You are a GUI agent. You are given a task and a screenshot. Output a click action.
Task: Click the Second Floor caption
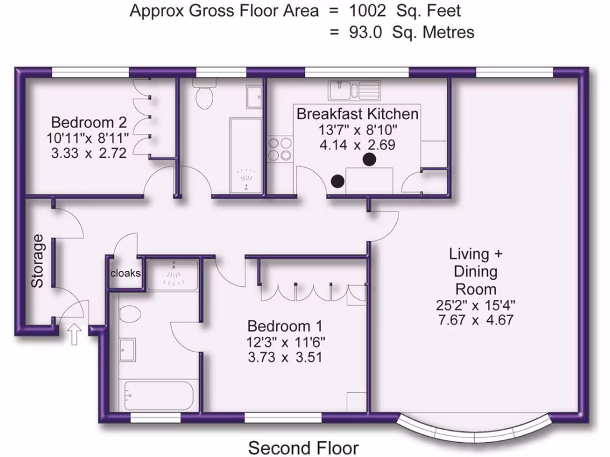tap(303, 447)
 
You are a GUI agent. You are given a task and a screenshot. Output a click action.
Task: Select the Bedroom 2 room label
tap(89, 123)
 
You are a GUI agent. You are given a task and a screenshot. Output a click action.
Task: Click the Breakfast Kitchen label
tap(357, 113)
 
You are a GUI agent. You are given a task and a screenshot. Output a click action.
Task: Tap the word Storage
tap(38, 261)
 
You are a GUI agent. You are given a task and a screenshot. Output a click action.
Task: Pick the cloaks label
tap(126, 273)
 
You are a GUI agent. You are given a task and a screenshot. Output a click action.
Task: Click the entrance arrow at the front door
tap(75, 334)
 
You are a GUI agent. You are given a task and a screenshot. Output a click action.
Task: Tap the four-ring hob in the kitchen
tap(281, 149)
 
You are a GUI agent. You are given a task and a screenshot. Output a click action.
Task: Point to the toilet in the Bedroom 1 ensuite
tap(129, 315)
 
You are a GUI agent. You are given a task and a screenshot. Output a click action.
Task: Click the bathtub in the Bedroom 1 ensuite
tap(157, 395)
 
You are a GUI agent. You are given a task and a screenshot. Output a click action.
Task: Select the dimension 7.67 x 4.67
tap(475, 320)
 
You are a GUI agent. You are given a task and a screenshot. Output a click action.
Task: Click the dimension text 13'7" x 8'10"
tap(357, 129)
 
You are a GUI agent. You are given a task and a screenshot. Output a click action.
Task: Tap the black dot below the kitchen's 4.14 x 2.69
tap(369, 159)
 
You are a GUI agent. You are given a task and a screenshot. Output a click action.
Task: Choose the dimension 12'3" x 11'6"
tap(285, 342)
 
